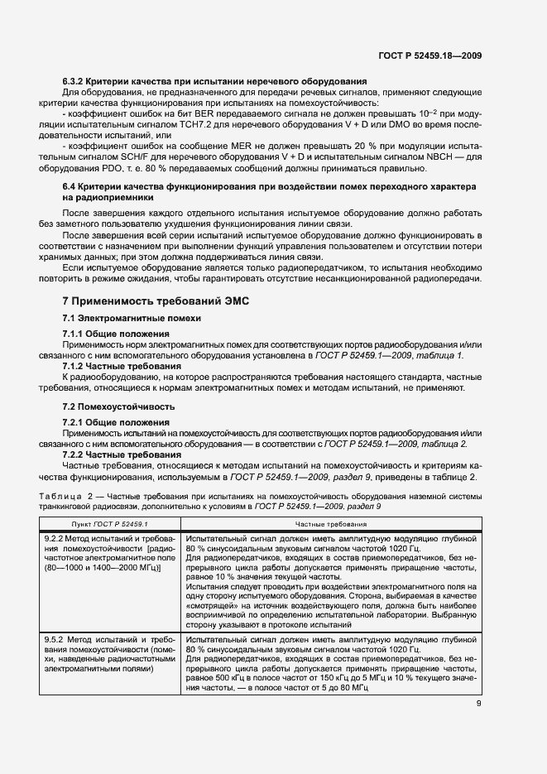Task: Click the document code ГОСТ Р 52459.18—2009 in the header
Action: (x=430, y=56)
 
